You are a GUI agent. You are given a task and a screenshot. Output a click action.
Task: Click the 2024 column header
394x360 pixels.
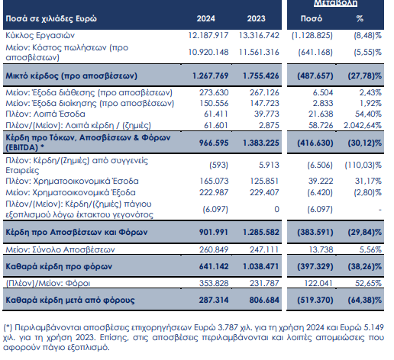[x=205, y=18]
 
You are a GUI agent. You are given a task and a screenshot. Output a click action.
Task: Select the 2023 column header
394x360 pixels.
[x=256, y=18]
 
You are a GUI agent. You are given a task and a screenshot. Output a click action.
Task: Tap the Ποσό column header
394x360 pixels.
[x=312, y=18]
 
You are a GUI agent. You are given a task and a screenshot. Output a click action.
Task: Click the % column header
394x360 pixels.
[x=360, y=18]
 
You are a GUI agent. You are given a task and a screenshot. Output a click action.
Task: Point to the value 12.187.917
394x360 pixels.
[x=208, y=35]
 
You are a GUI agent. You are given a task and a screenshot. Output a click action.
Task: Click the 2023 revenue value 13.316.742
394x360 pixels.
[x=259, y=35]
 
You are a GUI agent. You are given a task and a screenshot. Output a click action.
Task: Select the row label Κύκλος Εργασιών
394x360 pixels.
[x=40, y=36]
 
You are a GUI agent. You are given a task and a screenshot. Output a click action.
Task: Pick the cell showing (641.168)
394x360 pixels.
[x=315, y=52]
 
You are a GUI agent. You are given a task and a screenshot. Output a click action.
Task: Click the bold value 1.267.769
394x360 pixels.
[x=210, y=76]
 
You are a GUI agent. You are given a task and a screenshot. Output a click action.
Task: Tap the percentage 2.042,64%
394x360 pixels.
[x=363, y=125]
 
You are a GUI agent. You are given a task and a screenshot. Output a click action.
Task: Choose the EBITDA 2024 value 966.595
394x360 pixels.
[x=214, y=143]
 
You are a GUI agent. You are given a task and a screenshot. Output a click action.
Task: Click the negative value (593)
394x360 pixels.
[x=218, y=166]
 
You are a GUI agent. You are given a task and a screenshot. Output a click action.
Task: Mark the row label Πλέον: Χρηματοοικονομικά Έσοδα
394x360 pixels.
[x=72, y=182]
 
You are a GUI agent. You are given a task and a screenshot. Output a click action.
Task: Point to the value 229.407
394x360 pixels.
[x=264, y=192]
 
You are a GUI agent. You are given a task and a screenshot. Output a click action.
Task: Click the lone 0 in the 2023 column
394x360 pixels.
[x=276, y=209]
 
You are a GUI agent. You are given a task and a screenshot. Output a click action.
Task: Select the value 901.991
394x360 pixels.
[x=214, y=232]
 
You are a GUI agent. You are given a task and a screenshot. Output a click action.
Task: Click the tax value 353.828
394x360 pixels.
[x=214, y=283]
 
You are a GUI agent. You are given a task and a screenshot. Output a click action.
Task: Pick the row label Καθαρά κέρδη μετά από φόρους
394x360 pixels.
[x=70, y=301]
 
